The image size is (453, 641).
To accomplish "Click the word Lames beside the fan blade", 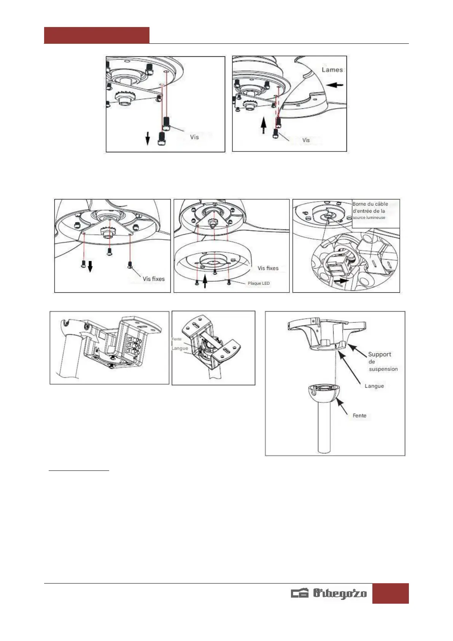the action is click(x=332, y=70).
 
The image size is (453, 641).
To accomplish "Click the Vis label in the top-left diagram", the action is click(x=194, y=137).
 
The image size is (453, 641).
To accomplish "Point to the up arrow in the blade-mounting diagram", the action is click(x=263, y=126).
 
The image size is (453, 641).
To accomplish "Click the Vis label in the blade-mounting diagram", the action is click(x=306, y=140).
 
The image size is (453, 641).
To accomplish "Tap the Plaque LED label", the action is click(x=259, y=283).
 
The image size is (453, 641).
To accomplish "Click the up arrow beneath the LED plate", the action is click(x=205, y=282).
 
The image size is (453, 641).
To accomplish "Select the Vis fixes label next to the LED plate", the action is click(x=268, y=268).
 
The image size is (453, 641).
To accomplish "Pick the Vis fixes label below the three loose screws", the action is click(x=154, y=279).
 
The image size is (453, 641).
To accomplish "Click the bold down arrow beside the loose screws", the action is click(x=90, y=266).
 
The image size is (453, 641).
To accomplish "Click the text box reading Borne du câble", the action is click(x=375, y=214).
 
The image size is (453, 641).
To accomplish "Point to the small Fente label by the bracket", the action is click(x=176, y=339).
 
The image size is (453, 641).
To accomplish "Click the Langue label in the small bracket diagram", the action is click(x=180, y=348).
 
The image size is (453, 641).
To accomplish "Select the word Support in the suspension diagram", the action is click(x=380, y=354).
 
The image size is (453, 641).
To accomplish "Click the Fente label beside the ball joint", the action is click(x=359, y=416).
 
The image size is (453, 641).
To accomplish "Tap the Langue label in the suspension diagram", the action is click(x=374, y=386).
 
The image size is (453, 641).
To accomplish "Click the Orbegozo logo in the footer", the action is click(x=329, y=593).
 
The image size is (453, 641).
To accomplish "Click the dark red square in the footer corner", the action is click(x=390, y=593).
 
